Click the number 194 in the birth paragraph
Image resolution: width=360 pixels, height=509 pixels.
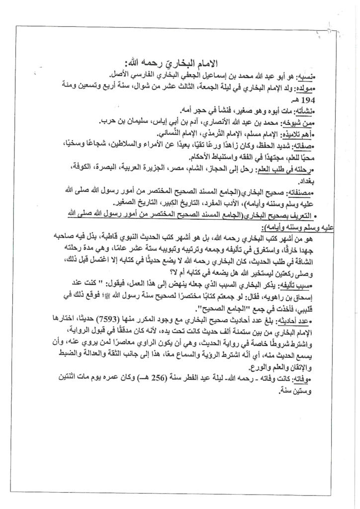pos(315,100)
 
